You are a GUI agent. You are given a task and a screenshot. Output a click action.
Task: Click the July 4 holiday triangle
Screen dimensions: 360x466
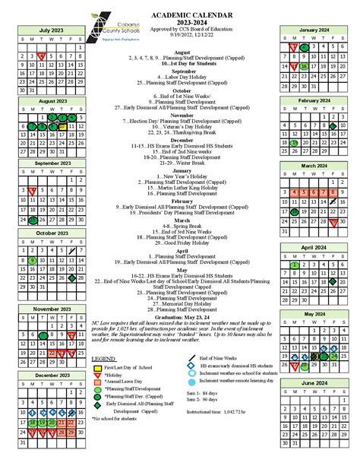click(43, 56)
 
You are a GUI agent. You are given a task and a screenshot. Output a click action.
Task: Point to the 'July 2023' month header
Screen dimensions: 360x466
click(52, 30)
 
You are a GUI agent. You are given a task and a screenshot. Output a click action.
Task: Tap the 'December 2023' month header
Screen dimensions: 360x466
click(52, 375)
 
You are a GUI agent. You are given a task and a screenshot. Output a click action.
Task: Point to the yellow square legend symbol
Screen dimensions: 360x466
click(97, 368)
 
